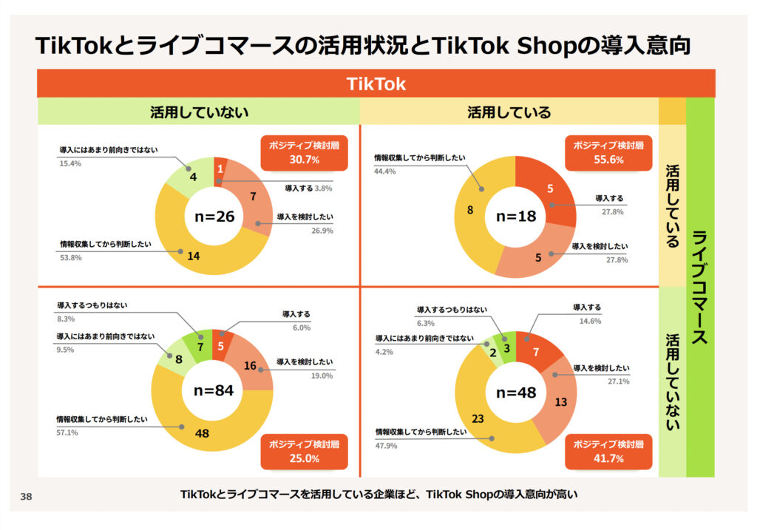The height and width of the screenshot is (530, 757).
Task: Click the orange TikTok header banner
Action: coord(376,84)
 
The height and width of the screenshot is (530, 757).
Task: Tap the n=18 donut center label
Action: coord(515,217)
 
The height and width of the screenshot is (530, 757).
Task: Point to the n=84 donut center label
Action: coord(213,391)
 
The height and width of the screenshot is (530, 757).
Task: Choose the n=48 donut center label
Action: coord(515,393)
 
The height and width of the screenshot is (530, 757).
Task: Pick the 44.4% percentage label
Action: coord(387,171)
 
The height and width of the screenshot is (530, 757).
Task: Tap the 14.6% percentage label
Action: coord(590,322)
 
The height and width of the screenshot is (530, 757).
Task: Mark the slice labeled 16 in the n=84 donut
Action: coord(250,365)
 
